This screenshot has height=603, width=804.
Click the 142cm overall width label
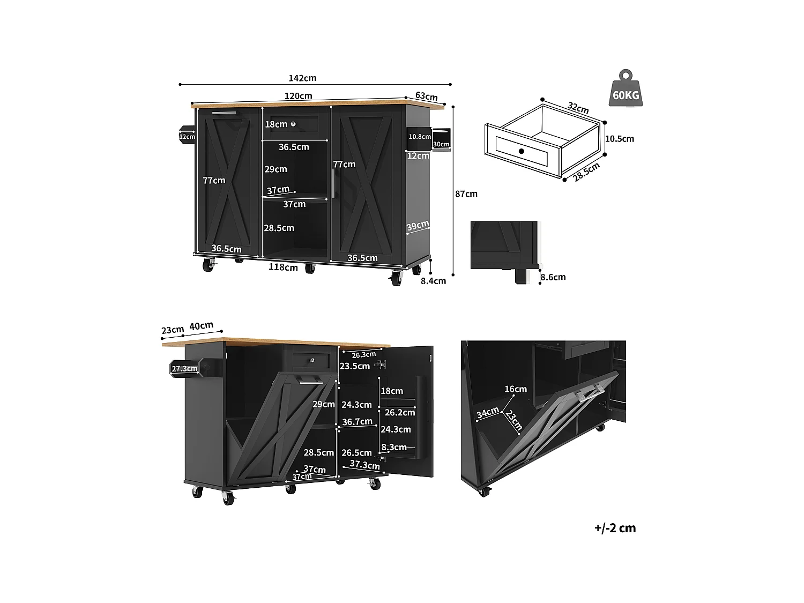click(302, 78)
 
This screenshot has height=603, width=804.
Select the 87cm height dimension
click(466, 193)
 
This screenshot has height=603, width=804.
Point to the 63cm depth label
click(426, 96)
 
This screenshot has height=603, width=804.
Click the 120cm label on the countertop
click(298, 96)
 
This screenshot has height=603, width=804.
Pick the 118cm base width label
click(283, 267)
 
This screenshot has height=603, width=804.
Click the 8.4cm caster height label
click(433, 280)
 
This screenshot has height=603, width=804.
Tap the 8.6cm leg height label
click(553, 277)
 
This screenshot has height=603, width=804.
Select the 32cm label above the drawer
click(578, 108)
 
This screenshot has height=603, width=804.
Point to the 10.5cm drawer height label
click(619, 139)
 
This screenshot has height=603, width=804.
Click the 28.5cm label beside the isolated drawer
click(586, 172)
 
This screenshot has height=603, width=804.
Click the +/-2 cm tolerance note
click(615, 528)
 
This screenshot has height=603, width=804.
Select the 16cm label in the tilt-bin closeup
click(515, 389)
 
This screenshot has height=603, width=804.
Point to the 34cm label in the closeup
click(487, 413)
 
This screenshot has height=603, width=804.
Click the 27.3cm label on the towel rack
click(184, 369)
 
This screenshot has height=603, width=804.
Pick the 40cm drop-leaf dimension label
click(201, 326)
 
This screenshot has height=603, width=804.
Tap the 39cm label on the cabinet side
click(417, 226)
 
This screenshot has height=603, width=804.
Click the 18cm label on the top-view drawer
click(276, 124)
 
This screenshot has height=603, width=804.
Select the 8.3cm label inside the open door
click(393, 447)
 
